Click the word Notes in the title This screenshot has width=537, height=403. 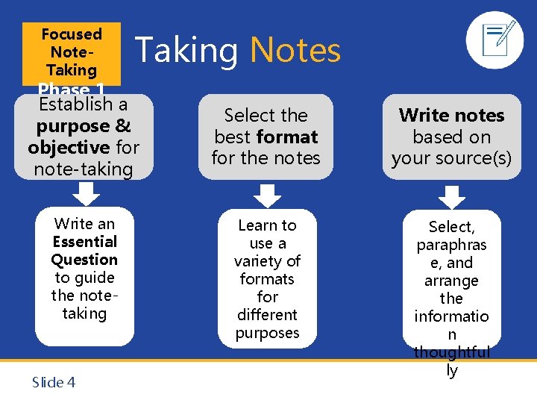[295, 51]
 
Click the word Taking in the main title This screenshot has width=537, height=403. [186, 51]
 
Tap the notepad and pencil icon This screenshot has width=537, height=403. [494, 40]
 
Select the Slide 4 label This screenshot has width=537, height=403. [54, 383]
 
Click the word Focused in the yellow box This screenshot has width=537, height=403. [72, 34]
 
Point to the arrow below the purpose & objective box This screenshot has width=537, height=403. [88, 194]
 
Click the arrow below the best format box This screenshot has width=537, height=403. [266, 195]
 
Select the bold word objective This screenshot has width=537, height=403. [69, 147]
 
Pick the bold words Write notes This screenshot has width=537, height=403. [451, 115]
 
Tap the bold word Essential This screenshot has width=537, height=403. [85, 242]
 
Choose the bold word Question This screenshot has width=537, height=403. [84, 260]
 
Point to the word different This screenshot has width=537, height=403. [267, 315]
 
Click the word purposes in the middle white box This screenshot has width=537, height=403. [267, 333]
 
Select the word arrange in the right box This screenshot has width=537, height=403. [451, 281]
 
